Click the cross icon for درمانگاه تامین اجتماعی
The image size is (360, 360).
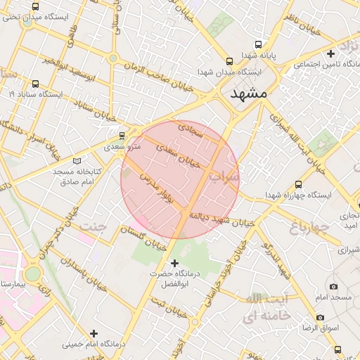331,53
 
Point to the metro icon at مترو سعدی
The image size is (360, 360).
122,135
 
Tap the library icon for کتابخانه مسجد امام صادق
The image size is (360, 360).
86,160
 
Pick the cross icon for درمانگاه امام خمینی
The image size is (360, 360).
94,333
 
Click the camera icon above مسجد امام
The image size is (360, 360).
333,286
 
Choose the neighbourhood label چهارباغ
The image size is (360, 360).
309,227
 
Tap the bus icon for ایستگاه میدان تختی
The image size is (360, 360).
36,6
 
